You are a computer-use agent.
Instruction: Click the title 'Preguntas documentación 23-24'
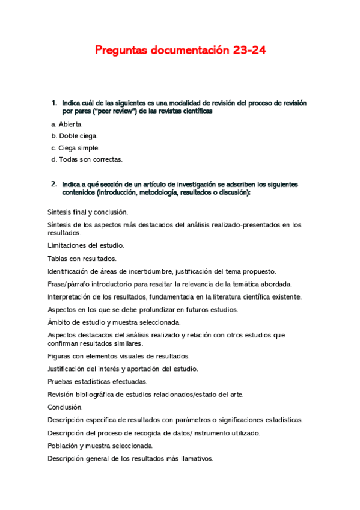tap(180, 51)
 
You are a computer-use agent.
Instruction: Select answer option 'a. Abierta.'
tap(67, 124)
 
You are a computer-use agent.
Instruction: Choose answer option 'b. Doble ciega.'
tap(75, 136)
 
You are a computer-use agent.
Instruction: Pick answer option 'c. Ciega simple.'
tap(75, 148)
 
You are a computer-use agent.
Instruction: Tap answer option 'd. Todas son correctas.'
tap(87, 159)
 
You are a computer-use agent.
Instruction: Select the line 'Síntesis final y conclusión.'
tap(88, 212)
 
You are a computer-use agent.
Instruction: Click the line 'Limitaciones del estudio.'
tap(86, 245)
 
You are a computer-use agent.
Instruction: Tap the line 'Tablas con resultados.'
tap(82, 258)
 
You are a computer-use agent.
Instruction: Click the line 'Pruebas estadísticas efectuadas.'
tap(97, 381)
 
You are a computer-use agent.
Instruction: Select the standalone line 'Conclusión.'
tap(65, 407)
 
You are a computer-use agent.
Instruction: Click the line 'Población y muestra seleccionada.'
tap(100, 446)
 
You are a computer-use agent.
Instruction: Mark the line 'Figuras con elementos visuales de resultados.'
tap(118, 356)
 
